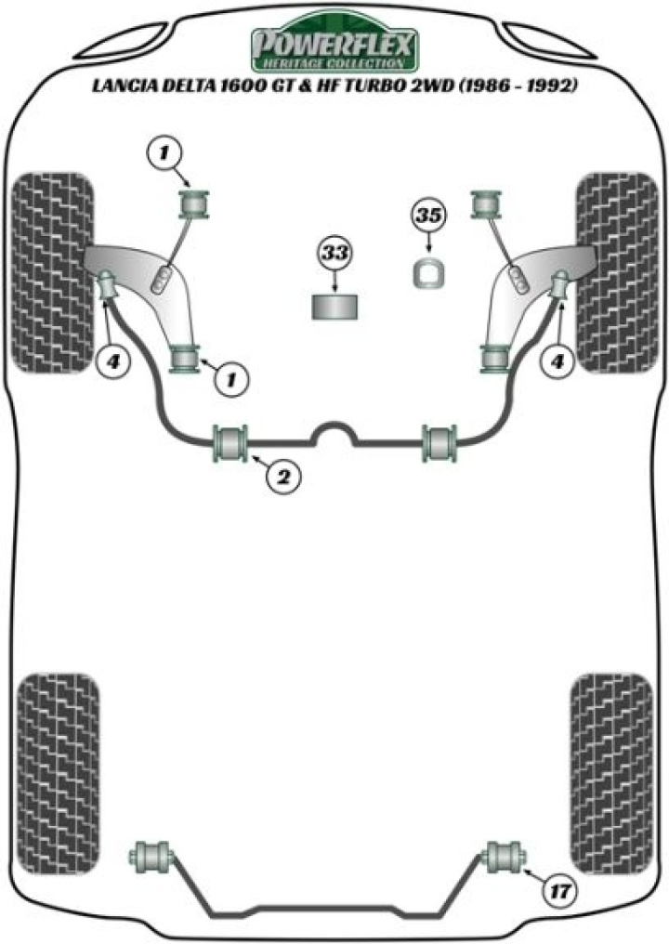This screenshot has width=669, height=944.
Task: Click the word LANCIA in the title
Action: pyautogui.click(x=122, y=87)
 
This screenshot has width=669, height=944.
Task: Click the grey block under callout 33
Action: pyautogui.click(x=335, y=307)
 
